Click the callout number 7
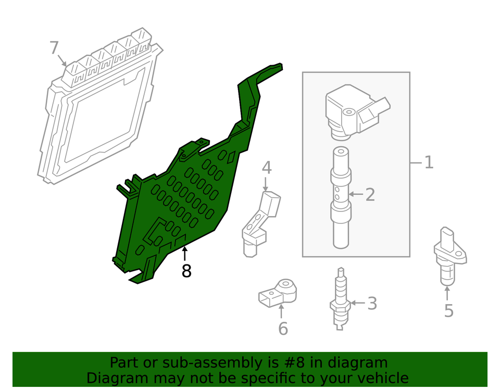54,48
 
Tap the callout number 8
186,271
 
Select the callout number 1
428,163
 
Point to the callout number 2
370,195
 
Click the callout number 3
371,303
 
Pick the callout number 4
266,168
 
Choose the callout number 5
448,311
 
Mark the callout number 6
282,329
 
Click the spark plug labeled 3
340,299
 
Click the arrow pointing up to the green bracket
184,255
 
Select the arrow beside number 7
63,60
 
